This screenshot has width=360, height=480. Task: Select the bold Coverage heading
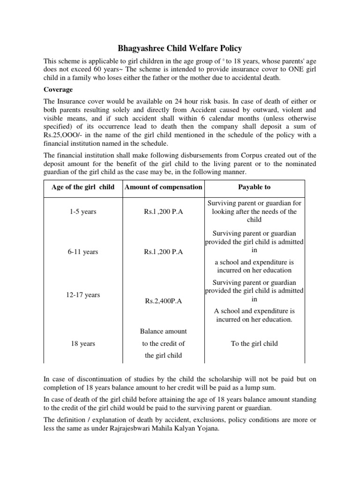59,89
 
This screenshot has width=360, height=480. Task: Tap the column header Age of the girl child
83,187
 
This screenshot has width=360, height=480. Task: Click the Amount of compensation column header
163,187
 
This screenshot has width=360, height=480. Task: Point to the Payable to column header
255,187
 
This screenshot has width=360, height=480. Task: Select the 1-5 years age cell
83,212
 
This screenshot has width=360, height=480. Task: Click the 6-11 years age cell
83,252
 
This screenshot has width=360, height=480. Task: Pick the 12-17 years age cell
83,295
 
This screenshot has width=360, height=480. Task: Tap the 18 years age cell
83,344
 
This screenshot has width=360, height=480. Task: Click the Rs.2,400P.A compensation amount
163,301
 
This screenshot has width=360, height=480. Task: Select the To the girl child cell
255,344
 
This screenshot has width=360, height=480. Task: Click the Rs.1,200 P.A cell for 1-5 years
163,212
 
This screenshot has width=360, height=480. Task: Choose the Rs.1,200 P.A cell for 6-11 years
163,252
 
